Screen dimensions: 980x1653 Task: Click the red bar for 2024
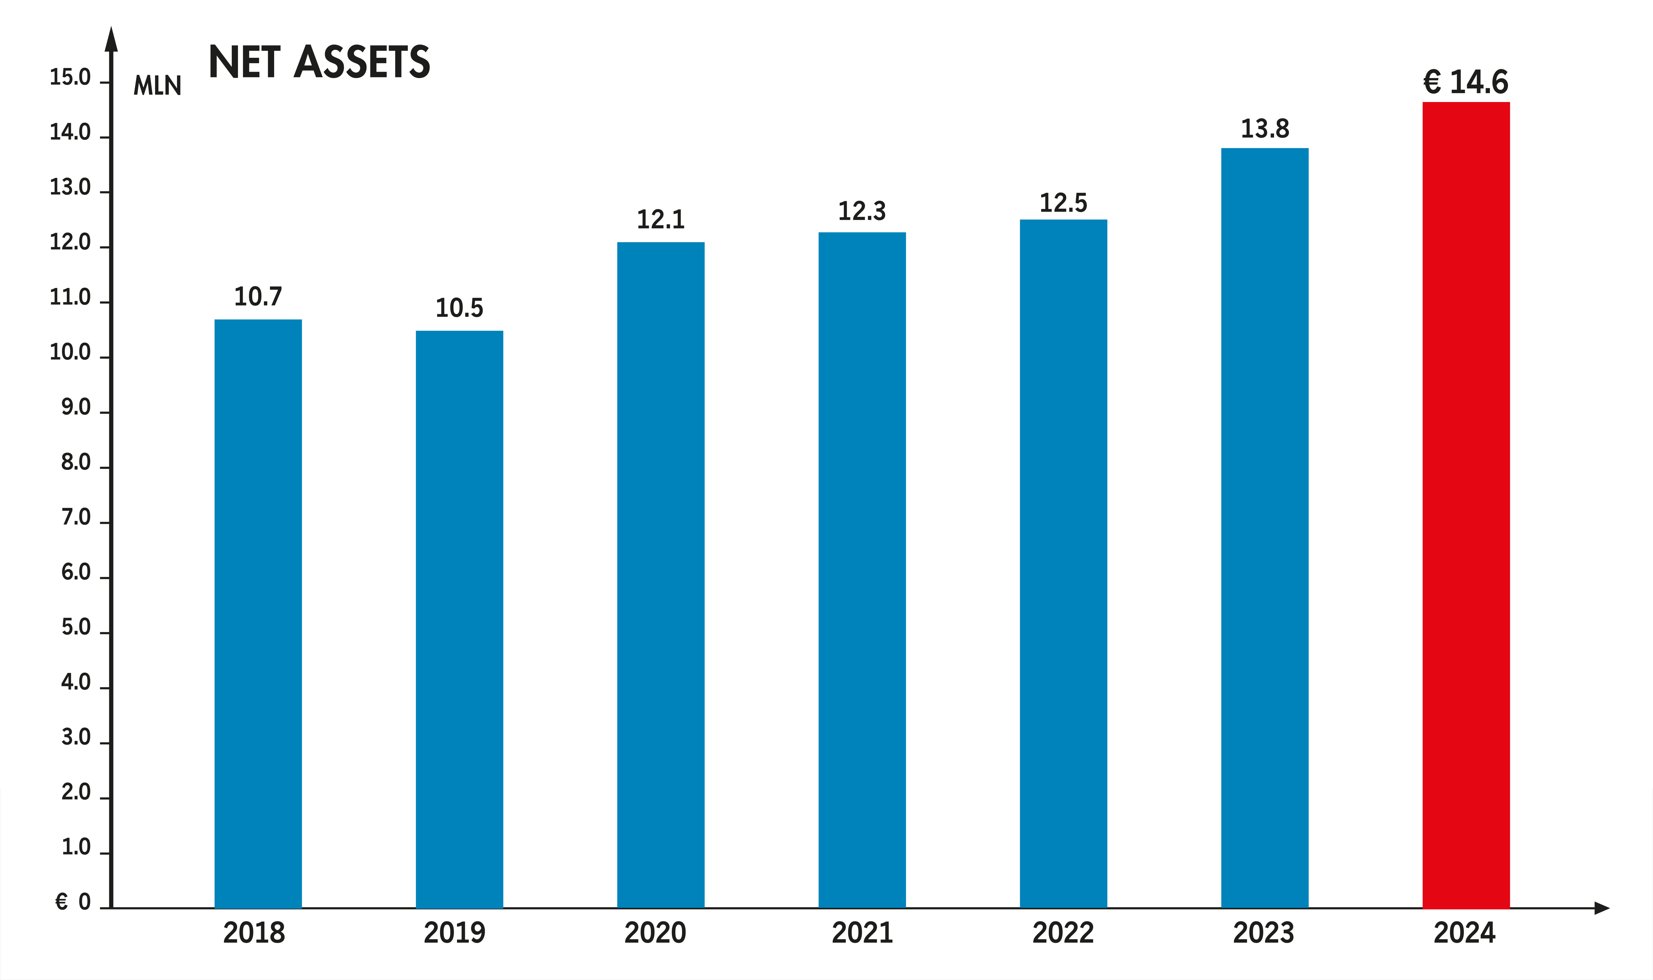tap(1466, 505)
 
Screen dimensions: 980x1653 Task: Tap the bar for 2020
tap(660, 574)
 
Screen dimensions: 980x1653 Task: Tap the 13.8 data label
tap(1264, 129)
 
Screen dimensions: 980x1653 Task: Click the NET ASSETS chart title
tap(319, 63)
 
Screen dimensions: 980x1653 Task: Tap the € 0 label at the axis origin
tap(73, 901)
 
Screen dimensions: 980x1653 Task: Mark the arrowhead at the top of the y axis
tap(112, 40)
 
